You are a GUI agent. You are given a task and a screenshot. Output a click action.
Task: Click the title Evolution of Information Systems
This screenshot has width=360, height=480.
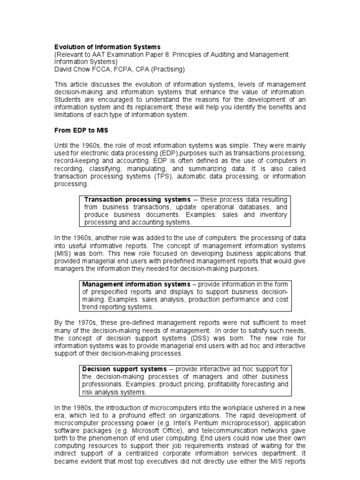(x=107, y=47)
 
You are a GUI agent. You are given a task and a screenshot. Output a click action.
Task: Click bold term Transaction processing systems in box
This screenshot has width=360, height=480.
(x=137, y=200)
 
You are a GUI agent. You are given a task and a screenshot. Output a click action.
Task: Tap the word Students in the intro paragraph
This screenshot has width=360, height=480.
(x=68, y=99)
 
